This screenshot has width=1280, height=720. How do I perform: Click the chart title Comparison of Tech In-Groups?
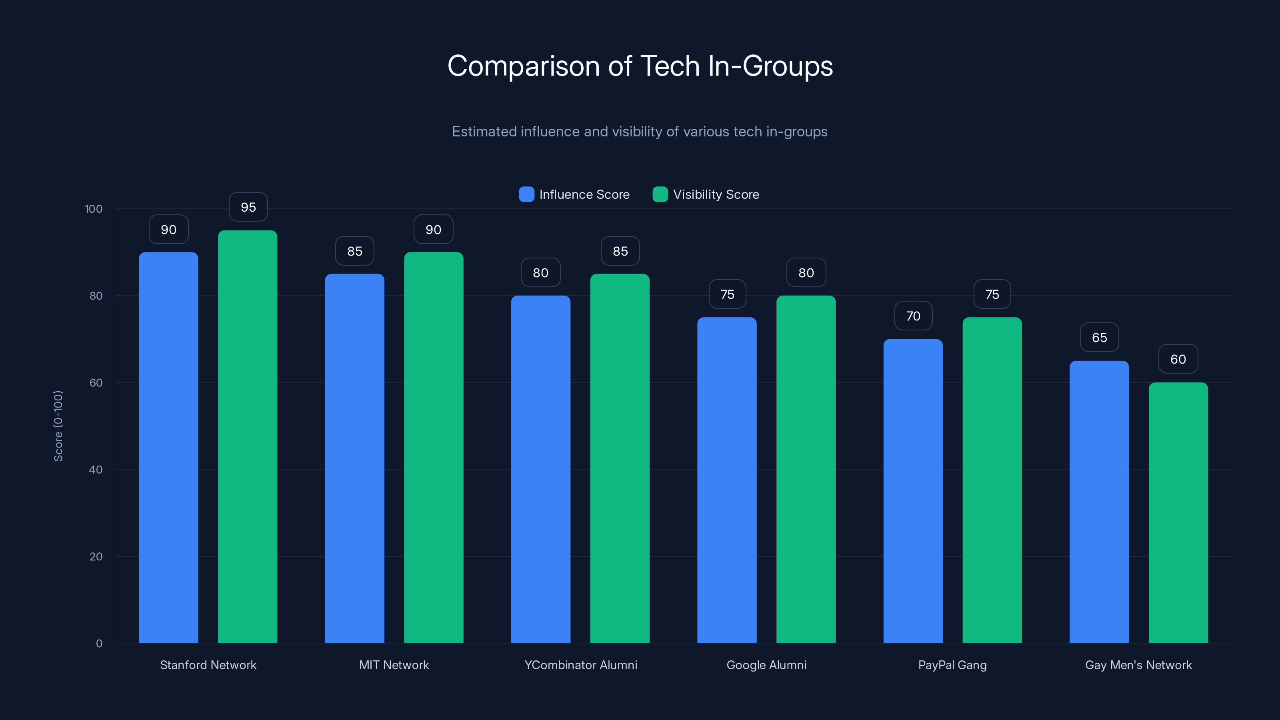(640, 66)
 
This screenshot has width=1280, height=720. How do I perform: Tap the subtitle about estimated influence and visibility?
(640, 132)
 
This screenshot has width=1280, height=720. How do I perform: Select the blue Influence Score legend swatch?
(526, 194)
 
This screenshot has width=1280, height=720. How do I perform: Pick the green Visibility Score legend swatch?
(660, 194)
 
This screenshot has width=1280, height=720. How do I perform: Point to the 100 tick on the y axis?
(94, 209)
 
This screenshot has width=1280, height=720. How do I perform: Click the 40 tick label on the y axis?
(96, 470)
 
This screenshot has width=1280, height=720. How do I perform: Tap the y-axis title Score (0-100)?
(58, 426)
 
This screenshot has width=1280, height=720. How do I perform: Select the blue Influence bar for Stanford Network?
(168, 447)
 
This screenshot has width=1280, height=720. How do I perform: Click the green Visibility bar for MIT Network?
(433, 447)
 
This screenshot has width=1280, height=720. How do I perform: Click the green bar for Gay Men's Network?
(1178, 512)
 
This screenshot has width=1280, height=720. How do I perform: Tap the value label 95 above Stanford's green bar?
(248, 207)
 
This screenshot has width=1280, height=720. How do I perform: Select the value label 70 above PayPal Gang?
(913, 316)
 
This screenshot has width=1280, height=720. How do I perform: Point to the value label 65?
(1099, 338)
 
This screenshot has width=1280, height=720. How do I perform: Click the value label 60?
(1178, 359)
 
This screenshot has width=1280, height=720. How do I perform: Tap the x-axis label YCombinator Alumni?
(580, 665)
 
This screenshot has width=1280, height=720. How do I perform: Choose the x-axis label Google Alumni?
(766, 665)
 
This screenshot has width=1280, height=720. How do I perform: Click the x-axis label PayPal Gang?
(952, 665)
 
